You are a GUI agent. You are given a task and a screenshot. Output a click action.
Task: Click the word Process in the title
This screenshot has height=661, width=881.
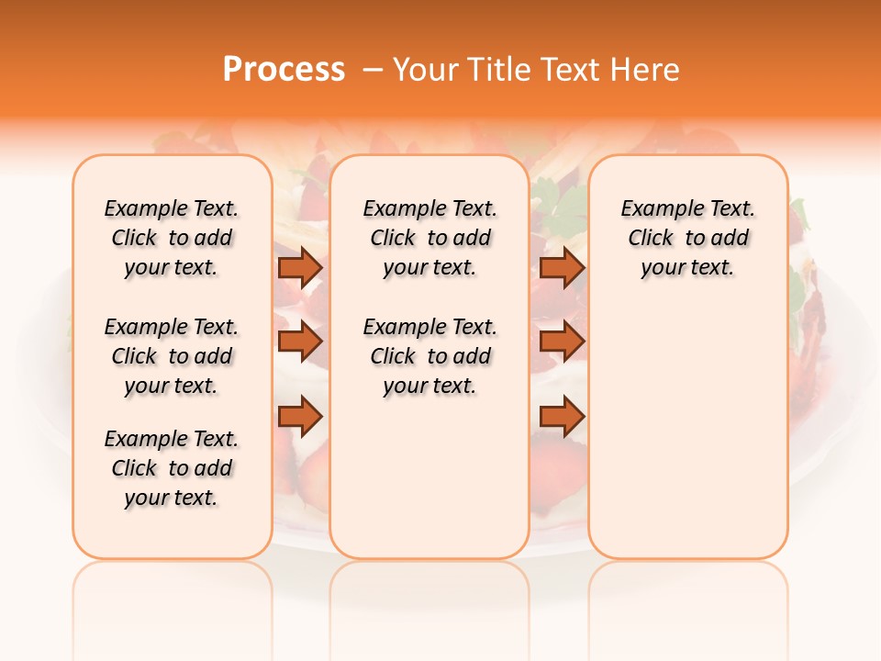(284, 70)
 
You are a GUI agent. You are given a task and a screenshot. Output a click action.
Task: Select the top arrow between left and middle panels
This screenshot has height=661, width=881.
(300, 267)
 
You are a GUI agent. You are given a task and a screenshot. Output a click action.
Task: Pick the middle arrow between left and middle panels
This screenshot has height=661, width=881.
(300, 342)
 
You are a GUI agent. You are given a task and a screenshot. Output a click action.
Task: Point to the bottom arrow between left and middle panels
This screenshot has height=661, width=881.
(300, 417)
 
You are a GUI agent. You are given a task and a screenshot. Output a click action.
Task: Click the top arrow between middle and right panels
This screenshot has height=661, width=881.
(562, 267)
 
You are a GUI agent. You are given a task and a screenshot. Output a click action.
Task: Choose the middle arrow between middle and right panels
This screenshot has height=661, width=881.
(562, 342)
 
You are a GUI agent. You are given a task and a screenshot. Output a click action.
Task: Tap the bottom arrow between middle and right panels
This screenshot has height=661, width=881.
(562, 417)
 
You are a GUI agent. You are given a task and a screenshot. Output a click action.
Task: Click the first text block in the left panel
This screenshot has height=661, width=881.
(172, 238)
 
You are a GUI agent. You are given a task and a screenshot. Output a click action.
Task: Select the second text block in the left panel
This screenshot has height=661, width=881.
(172, 356)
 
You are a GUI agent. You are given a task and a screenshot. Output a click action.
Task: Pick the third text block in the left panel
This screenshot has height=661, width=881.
(172, 468)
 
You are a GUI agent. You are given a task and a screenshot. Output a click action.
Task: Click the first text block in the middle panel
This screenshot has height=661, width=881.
(429, 238)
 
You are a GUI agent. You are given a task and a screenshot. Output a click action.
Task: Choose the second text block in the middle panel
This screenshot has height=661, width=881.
(429, 356)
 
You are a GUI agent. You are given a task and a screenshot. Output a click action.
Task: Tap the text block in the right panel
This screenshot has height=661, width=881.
(688, 238)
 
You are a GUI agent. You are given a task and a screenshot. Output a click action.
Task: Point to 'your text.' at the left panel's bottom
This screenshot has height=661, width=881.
(172, 498)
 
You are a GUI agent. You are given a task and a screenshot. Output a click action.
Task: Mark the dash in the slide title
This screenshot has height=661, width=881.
(374, 70)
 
